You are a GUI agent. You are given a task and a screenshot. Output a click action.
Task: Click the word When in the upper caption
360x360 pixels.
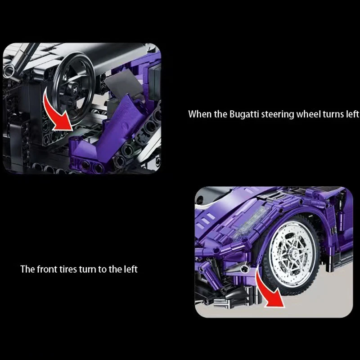point(200,114)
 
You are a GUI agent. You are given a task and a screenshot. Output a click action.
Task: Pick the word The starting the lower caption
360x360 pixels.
point(27,269)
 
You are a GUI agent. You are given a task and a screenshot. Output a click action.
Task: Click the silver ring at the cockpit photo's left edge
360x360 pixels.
point(9,70)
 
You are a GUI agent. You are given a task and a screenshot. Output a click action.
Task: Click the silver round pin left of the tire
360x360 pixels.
point(245,268)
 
